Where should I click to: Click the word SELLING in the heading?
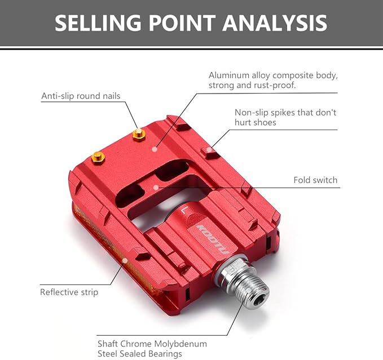pos(98,23)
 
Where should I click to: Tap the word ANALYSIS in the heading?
pos(275,23)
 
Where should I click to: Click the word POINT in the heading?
pos(182,23)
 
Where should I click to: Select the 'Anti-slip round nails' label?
pos(81,96)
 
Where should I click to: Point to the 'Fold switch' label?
pos(315,180)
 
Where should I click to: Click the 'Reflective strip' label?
pos(69,292)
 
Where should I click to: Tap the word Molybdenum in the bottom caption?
pos(181,344)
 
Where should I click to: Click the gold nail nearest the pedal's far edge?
pos(139,135)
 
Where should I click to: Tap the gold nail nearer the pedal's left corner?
pos(98,158)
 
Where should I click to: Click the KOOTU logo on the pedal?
pos(212,239)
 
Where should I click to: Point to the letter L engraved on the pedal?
pos(184,210)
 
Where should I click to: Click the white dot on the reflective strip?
pos(125,261)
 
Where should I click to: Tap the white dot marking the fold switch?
pos(156,187)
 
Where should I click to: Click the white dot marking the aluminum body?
pos(154,149)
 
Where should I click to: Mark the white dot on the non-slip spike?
pos(208,149)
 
